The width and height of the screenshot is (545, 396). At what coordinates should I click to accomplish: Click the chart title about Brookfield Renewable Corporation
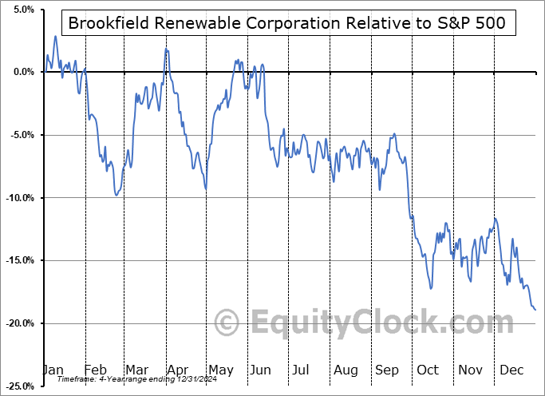tap(287, 23)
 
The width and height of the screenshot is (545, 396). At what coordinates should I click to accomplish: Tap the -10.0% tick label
tap(18, 198)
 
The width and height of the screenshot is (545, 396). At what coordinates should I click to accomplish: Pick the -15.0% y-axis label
tap(18, 260)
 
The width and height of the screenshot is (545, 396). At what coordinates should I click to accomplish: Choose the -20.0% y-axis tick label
tap(18, 323)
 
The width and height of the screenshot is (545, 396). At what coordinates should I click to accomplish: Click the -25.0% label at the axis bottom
tap(18, 386)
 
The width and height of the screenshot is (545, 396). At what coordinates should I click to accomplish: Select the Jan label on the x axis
tap(53, 370)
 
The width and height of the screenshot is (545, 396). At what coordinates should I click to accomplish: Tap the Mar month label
tap(136, 370)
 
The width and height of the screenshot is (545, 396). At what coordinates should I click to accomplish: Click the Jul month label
tap(302, 370)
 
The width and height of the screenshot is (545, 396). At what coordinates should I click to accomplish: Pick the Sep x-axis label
tap(387, 370)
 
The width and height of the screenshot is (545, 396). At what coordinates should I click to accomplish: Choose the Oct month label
tap(428, 370)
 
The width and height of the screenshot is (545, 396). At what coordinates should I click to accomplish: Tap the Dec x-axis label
tap(511, 370)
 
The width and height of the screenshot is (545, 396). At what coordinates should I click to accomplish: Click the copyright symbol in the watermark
tap(227, 323)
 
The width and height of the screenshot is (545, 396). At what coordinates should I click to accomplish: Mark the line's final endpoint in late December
tap(535, 309)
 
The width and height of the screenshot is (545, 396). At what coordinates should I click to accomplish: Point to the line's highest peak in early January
tap(55, 36)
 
